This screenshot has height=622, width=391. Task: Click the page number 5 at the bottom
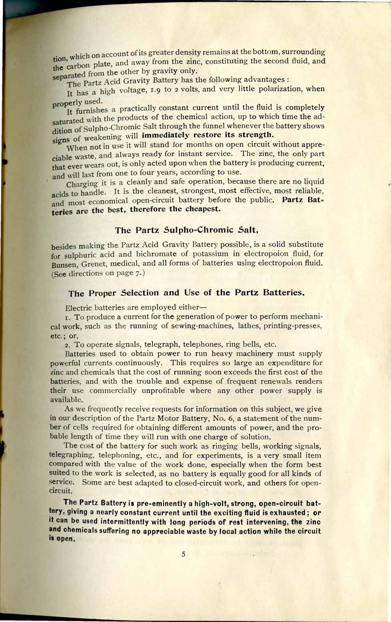[183, 555]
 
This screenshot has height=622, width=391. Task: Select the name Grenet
[95, 264]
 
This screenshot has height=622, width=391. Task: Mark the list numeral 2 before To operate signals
[67, 345]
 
